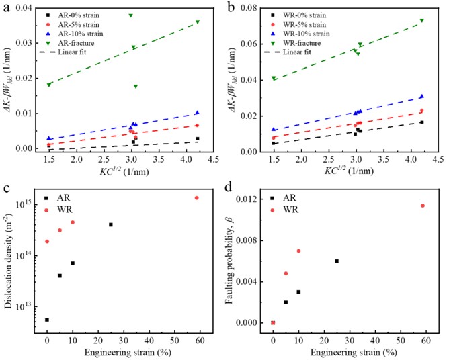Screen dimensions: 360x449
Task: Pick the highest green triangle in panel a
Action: [130, 15]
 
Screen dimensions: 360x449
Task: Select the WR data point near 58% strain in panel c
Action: [197, 197]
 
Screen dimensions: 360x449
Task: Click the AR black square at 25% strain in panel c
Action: [111, 224]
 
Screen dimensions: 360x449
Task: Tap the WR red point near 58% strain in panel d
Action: [423, 206]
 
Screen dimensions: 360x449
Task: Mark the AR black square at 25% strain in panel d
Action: [337, 261]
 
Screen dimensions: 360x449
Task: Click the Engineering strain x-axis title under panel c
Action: [121, 351]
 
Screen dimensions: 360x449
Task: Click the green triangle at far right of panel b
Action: [422, 20]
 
